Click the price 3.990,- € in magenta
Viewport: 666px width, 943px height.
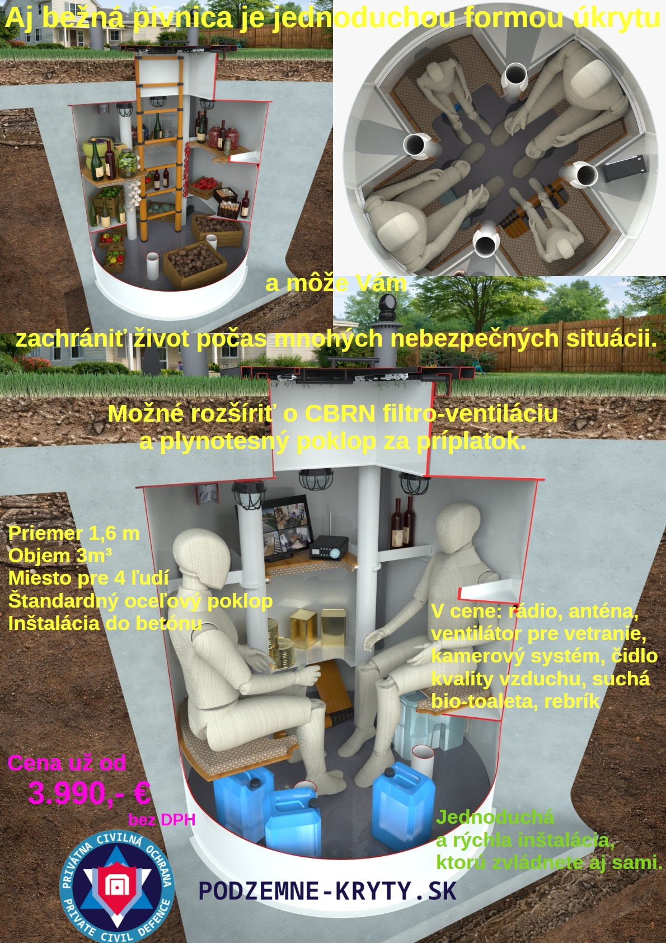point(89,793)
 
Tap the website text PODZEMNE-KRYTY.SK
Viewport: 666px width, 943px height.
point(327,891)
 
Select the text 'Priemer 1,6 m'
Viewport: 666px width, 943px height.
point(74,534)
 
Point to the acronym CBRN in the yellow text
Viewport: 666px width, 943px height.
point(340,413)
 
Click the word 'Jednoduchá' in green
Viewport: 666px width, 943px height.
point(495,818)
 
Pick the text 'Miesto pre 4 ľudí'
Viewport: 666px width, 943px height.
point(89,578)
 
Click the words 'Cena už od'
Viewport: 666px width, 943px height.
point(67,763)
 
